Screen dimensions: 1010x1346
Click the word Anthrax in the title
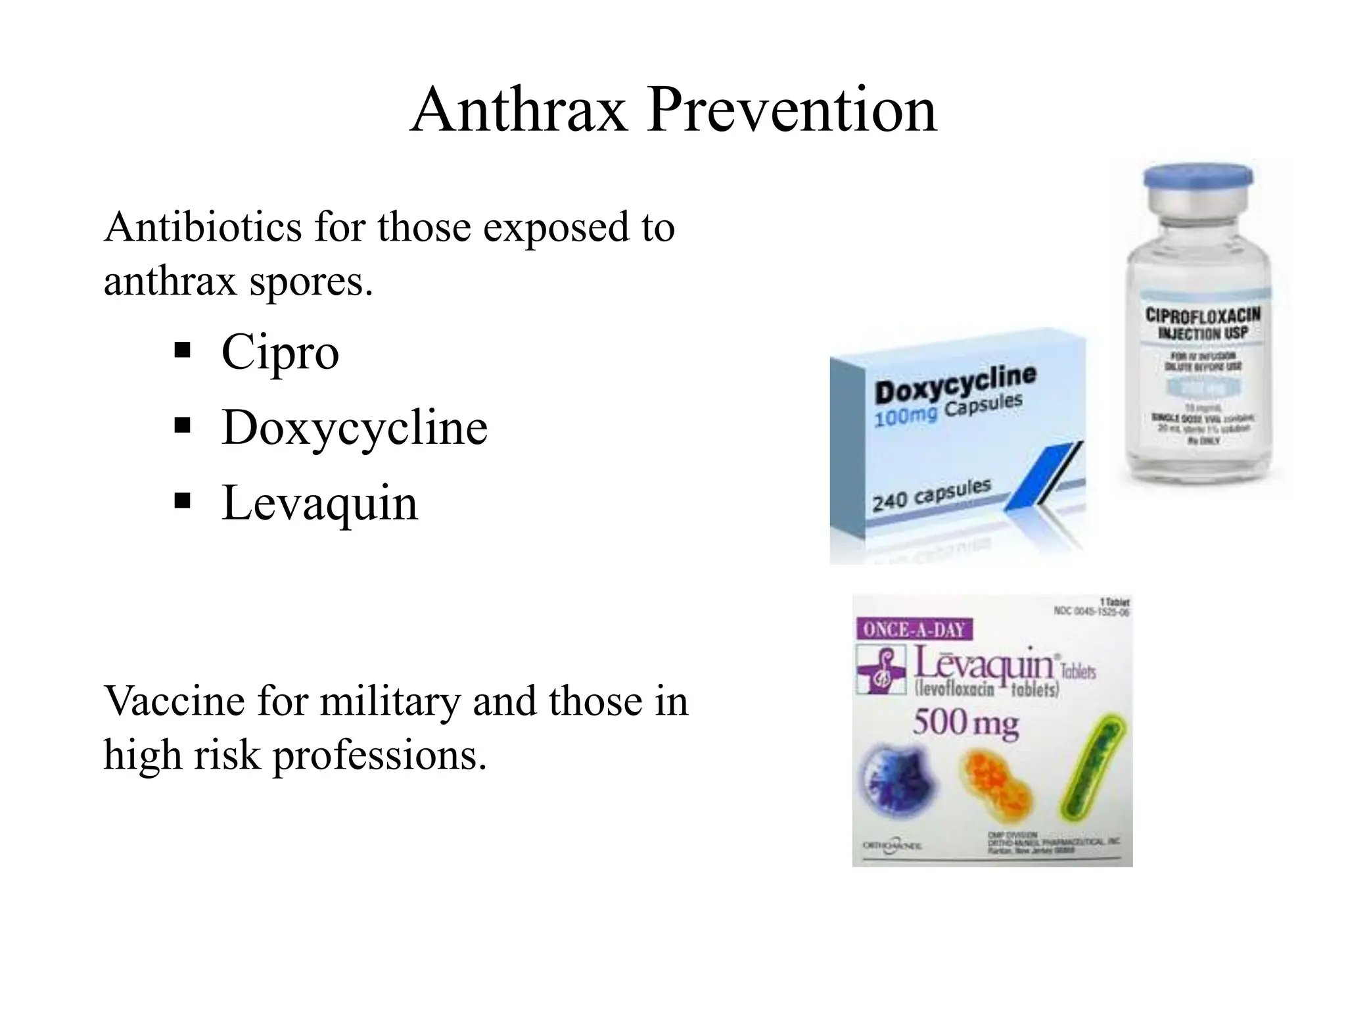click(x=519, y=110)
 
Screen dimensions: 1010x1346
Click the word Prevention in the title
click(x=791, y=110)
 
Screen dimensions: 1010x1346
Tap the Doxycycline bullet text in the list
click(x=354, y=427)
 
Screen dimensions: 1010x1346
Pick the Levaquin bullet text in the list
click(x=319, y=503)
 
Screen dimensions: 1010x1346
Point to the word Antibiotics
click(x=203, y=227)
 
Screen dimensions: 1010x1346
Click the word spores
click(x=311, y=281)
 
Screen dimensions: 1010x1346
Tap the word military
click(x=390, y=701)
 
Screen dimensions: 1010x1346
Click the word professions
click(x=380, y=756)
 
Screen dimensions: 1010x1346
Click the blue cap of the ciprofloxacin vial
click(x=1197, y=177)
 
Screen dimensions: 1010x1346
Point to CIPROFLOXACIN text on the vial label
click(x=1202, y=315)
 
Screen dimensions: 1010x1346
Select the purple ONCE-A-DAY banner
click(x=914, y=629)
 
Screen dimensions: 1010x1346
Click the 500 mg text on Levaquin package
click(x=965, y=723)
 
